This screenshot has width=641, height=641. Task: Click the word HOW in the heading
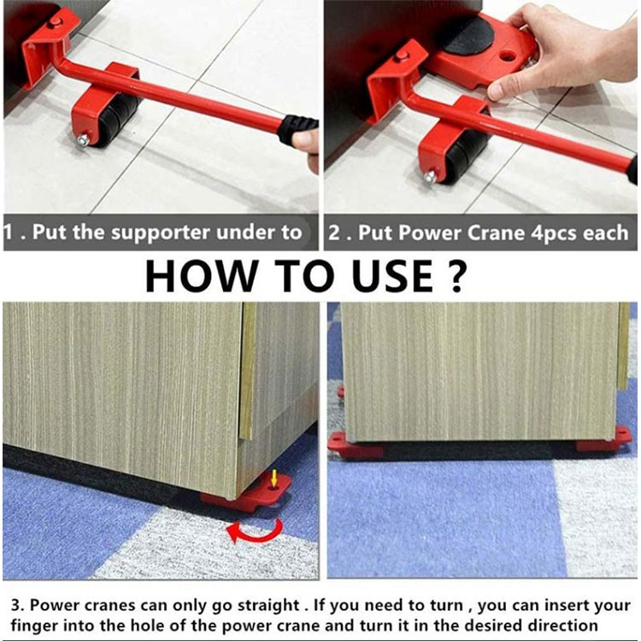pos(200,276)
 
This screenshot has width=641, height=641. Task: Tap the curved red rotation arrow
pos(255,531)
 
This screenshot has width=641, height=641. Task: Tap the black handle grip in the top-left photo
pos(298,129)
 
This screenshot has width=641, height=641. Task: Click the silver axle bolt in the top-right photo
pos(430,177)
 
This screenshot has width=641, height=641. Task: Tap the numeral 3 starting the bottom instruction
pos(15,605)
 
